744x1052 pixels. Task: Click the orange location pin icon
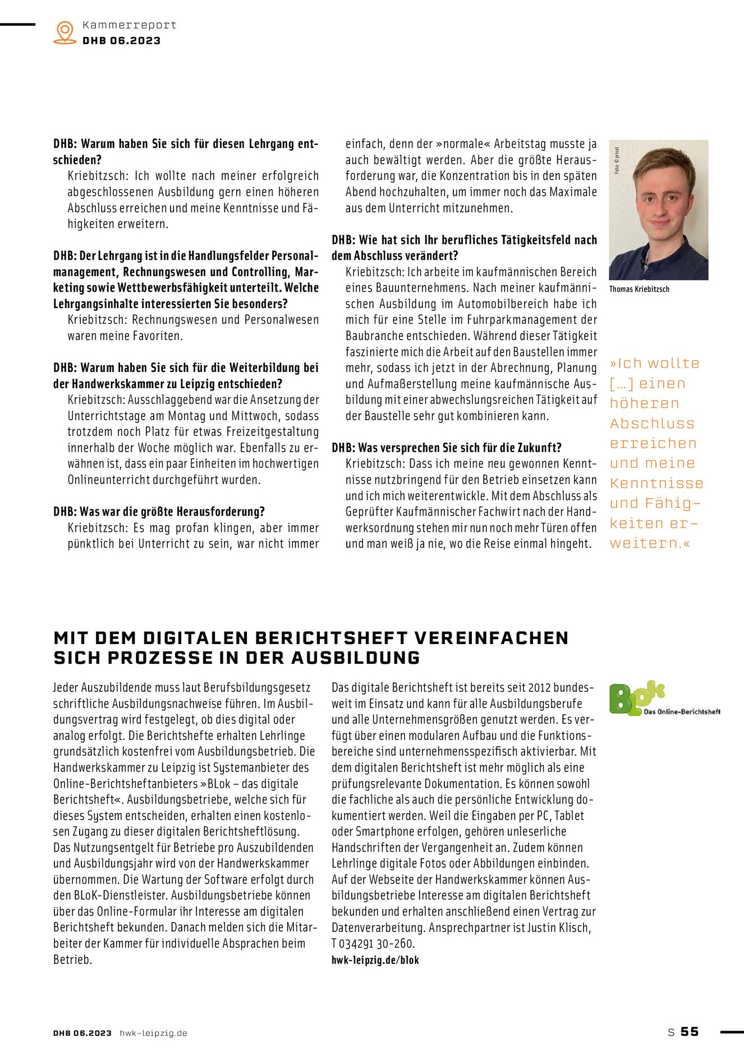[x=65, y=32]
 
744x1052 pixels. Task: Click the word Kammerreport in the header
[x=129, y=25]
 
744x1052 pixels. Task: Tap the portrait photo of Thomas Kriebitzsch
[x=658, y=210]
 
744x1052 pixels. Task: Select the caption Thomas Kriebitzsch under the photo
[x=639, y=290]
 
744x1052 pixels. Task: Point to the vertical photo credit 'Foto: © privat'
[x=617, y=160]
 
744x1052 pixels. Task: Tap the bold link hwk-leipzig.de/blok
[x=375, y=960]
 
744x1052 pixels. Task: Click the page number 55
[x=690, y=1032]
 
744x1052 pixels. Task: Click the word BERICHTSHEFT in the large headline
[x=331, y=638]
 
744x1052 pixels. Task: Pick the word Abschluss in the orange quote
[x=652, y=424]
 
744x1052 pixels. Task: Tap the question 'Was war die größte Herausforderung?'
[x=172, y=512]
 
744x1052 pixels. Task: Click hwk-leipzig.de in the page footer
[x=153, y=1033]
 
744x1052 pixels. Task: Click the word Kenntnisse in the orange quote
[x=656, y=484]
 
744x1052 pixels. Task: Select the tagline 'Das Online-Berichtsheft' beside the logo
[x=682, y=712]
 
